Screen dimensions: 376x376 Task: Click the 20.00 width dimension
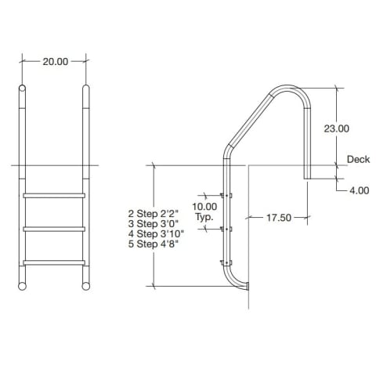coord(56,62)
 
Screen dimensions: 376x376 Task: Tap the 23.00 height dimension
coord(336,128)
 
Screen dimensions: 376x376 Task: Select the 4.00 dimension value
coord(360,190)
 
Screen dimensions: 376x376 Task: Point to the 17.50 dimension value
coord(279,218)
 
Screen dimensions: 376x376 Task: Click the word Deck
coord(358,159)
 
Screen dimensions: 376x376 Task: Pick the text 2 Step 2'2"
coord(154,213)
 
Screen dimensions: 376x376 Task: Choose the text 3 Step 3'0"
coord(154,223)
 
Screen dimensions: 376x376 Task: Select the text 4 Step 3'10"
coord(156,233)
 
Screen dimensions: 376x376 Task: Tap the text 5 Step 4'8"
coord(154,244)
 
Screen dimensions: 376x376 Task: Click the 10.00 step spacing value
coord(204,207)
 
